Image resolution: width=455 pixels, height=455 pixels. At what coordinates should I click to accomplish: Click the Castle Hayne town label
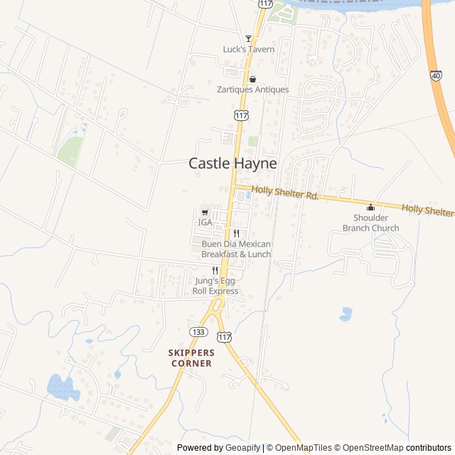(232, 163)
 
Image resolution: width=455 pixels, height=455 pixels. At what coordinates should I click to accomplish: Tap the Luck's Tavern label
(248, 49)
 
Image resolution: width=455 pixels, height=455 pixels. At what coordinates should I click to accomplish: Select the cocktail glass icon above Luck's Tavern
(248, 38)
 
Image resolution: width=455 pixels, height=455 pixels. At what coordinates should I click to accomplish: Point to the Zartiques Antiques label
(252, 90)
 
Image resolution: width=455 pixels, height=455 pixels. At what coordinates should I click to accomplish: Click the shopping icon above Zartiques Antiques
(252, 79)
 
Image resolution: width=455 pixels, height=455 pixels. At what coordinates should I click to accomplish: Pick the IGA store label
(205, 223)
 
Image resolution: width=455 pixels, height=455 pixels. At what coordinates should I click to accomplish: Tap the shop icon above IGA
(205, 212)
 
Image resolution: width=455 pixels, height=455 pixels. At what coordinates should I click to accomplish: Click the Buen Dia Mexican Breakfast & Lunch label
(236, 249)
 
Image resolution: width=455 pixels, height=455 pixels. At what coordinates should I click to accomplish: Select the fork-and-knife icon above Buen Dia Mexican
(236, 233)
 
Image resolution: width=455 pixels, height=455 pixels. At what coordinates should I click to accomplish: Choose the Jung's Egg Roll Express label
(215, 286)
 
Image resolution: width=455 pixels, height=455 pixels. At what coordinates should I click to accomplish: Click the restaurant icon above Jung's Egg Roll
(215, 270)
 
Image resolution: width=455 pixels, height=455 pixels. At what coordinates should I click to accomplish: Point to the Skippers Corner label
(191, 358)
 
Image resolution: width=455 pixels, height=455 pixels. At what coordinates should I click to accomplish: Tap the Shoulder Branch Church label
(370, 223)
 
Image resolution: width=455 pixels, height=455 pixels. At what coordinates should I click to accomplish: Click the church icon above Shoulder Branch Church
(370, 208)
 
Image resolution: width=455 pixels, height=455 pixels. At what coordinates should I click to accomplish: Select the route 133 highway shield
(198, 332)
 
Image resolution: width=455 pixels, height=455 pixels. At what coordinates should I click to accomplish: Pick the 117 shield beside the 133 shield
(225, 336)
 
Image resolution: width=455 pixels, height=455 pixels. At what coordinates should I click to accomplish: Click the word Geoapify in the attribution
(242, 448)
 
